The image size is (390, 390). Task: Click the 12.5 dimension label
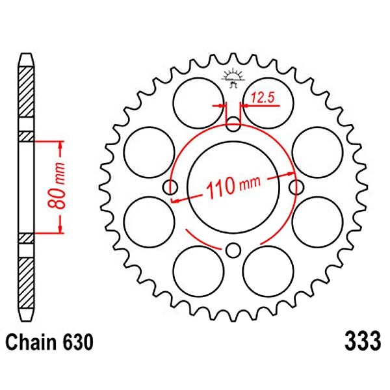pos(263,97)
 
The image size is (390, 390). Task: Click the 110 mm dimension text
pos(234,187)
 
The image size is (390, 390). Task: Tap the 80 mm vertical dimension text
pos(57,186)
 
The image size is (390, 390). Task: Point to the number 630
pos(77,342)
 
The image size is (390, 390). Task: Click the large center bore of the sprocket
pos(233,187)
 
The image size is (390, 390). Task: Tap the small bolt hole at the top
pos(233,124)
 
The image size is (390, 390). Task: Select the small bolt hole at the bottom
pos(233,250)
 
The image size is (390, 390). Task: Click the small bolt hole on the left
pos(170,187)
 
